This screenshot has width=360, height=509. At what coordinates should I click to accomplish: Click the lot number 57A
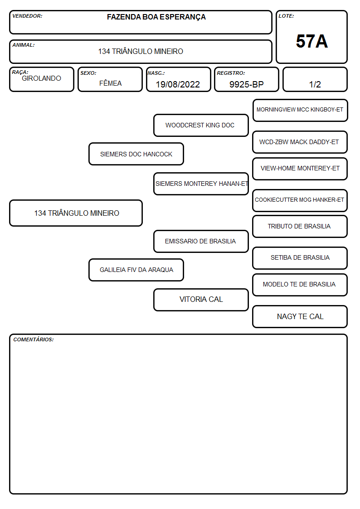pyautogui.click(x=311, y=41)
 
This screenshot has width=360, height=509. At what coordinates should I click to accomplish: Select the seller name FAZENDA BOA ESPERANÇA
pyautogui.click(x=156, y=17)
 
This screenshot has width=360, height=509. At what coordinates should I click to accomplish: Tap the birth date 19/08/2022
pyautogui.click(x=178, y=84)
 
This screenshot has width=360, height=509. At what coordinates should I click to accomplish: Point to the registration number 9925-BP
pyautogui.click(x=246, y=84)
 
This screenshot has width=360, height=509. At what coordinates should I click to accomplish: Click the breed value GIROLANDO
pyautogui.click(x=41, y=78)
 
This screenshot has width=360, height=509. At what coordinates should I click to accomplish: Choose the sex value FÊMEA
pyautogui.click(x=110, y=83)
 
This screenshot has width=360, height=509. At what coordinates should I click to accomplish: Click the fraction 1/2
pyautogui.click(x=315, y=84)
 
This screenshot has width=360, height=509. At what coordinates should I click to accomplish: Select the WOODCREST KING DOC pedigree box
pyautogui.click(x=201, y=125)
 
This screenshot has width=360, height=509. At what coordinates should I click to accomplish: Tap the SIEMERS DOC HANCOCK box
pyautogui.click(x=136, y=154)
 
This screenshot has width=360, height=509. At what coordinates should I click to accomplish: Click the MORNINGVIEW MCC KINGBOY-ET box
pyautogui.click(x=300, y=110)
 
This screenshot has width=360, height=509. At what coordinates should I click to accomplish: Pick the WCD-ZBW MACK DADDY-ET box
pyautogui.click(x=300, y=142)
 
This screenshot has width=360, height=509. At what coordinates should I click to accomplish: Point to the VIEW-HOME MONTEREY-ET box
pyautogui.click(x=300, y=169)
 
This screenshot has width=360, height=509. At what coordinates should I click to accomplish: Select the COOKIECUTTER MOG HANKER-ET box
pyautogui.click(x=300, y=200)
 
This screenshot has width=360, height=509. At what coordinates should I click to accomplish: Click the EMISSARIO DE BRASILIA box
pyautogui.click(x=201, y=242)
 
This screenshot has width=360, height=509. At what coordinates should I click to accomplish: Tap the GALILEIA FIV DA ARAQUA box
pyautogui.click(x=136, y=270)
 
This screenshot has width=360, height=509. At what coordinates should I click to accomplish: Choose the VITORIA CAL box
pyautogui.click(x=201, y=300)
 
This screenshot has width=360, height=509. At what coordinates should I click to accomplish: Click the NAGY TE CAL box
pyautogui.click(x=300, y=316)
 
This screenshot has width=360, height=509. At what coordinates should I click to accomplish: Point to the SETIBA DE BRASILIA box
pyautogui.click(x=300, y=258)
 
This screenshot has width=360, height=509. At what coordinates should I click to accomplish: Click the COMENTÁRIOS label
pyautogui.click(x=34, y=339)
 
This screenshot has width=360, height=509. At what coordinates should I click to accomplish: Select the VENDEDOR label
pyautogui.click(x=27, y=16)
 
